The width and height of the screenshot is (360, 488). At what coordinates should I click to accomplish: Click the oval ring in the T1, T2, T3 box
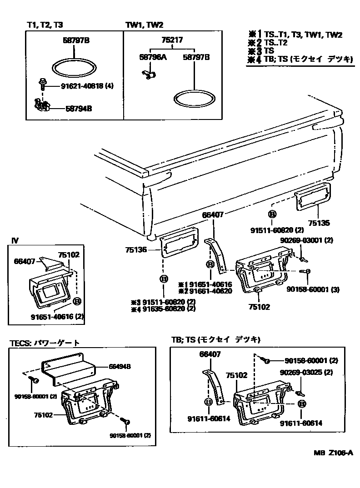click(x=74, y=68)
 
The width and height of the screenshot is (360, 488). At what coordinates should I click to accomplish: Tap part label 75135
click(x=317, y=224)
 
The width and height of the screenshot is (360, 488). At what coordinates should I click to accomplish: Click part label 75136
click(x=137, y=249)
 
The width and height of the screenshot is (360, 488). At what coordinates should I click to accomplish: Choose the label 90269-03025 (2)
click(x=306, y=372)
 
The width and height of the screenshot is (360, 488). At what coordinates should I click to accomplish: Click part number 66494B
click(x=120, y=366)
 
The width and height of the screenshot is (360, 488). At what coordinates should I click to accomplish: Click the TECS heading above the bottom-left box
click(x=45, y=343)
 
